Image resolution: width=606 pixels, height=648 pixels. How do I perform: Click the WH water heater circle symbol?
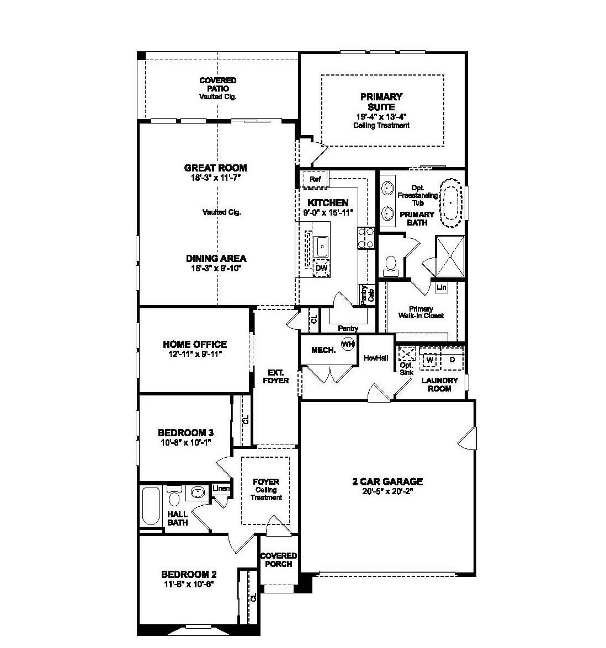347,344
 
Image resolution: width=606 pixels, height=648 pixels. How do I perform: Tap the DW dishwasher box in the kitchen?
321,269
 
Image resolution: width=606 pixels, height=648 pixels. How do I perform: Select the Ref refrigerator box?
315,179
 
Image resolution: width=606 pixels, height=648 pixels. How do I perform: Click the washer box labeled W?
430,360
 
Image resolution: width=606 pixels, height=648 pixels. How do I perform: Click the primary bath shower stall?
450,256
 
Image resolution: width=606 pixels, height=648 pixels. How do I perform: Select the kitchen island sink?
321,245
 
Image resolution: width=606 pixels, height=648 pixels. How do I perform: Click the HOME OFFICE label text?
194,344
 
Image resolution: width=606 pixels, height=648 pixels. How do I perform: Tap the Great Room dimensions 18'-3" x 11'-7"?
215,178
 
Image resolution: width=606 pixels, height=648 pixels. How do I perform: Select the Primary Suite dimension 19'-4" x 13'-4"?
381,116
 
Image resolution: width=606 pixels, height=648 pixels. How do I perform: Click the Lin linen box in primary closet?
441,287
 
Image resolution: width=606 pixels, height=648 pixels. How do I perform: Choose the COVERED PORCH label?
279,559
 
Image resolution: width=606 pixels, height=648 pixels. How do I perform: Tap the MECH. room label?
323,350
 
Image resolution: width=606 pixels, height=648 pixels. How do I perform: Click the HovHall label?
376,358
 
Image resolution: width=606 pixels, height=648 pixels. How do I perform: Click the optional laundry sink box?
407,354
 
